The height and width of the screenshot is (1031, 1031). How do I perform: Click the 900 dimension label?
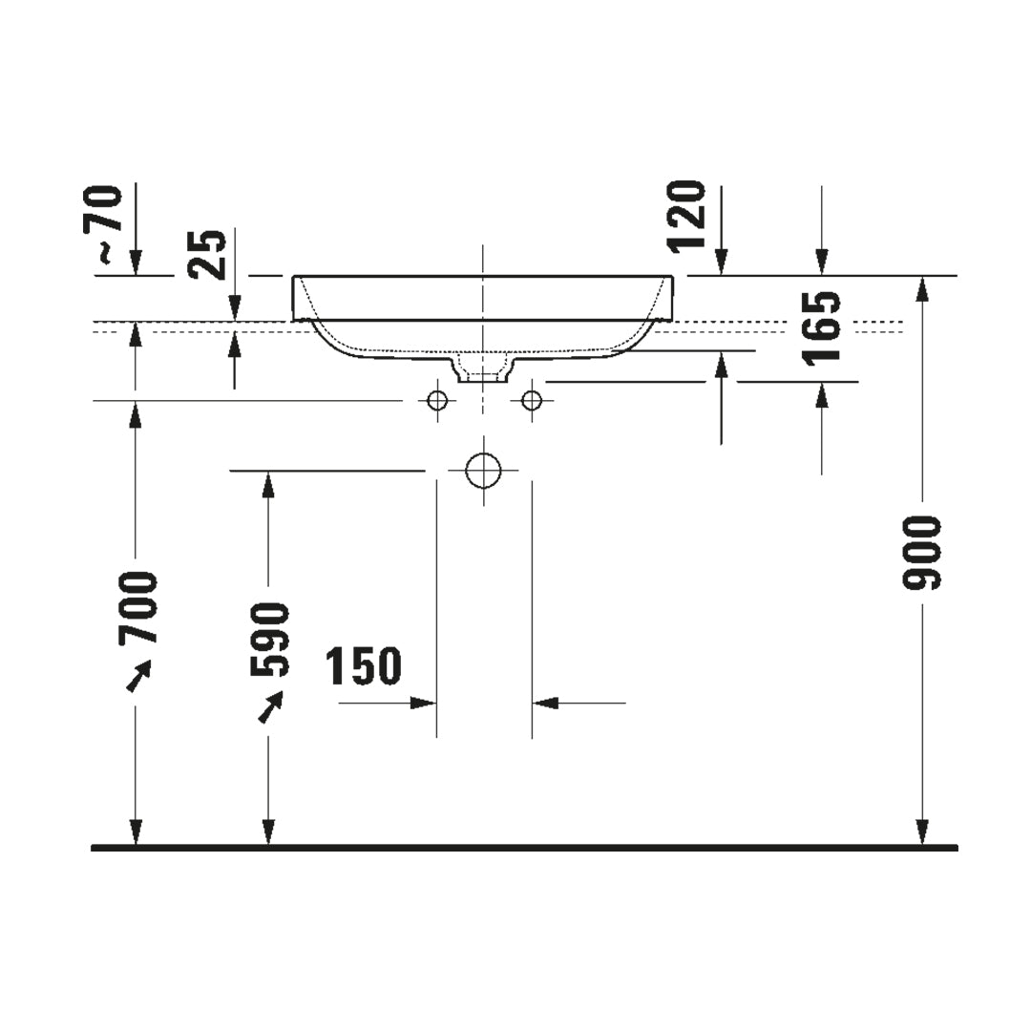tap(922, 553)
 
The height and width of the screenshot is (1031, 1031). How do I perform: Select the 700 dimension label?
tap(138, 607)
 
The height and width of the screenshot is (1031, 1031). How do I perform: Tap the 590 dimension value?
tap(269, 640)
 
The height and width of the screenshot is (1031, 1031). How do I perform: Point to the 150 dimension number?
tap(364, 665)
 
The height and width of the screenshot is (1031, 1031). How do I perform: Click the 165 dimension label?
tap(822, 326)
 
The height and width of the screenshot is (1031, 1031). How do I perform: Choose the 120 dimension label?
tap(687, 216)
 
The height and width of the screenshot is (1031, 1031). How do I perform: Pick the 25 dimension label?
tap(206, 255)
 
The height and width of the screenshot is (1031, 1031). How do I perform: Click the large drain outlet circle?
tap(483, 471)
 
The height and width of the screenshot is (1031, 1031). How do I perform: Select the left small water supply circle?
tap(437, 400)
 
